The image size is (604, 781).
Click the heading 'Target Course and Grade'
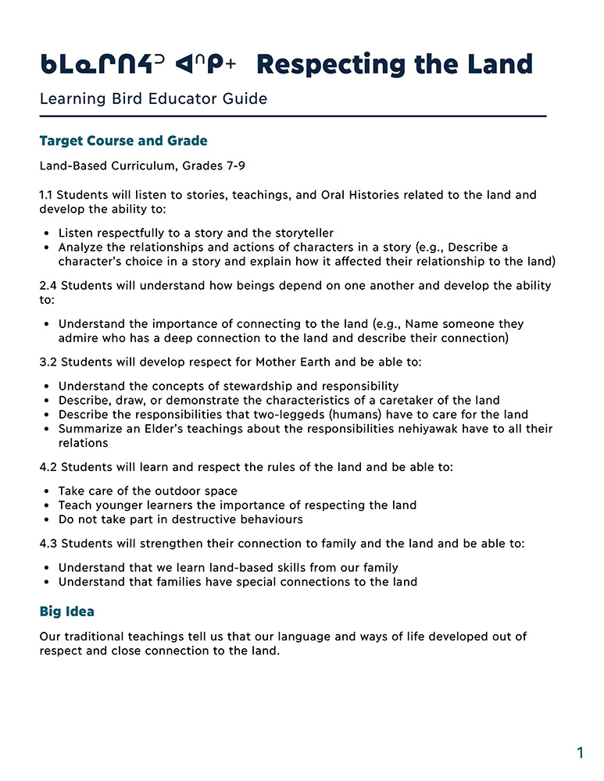[123, 141]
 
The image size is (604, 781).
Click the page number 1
[580, 753]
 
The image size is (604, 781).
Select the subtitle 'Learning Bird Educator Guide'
[153, 99]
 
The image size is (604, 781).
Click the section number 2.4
[48, 286]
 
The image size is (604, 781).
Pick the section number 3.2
[48, 362]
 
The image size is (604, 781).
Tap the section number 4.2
[48, 467]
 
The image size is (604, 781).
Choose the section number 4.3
[48, 544]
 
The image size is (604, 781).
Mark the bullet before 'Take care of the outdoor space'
[47, 491]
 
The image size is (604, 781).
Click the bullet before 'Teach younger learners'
[47, 505]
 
